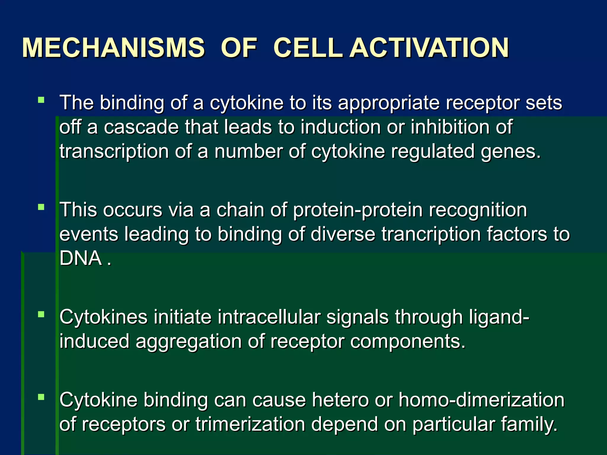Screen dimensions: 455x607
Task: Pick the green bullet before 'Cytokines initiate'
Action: (41, 314)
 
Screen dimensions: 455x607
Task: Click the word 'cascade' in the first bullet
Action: (141, 127)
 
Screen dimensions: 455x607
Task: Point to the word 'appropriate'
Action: (389, 103)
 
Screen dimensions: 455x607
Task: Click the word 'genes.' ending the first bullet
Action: (511, 152)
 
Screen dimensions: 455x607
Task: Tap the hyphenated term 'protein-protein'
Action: (358, 210)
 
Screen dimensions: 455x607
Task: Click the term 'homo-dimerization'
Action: (481, 400)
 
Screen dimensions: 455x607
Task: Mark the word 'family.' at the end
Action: (529, 424)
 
